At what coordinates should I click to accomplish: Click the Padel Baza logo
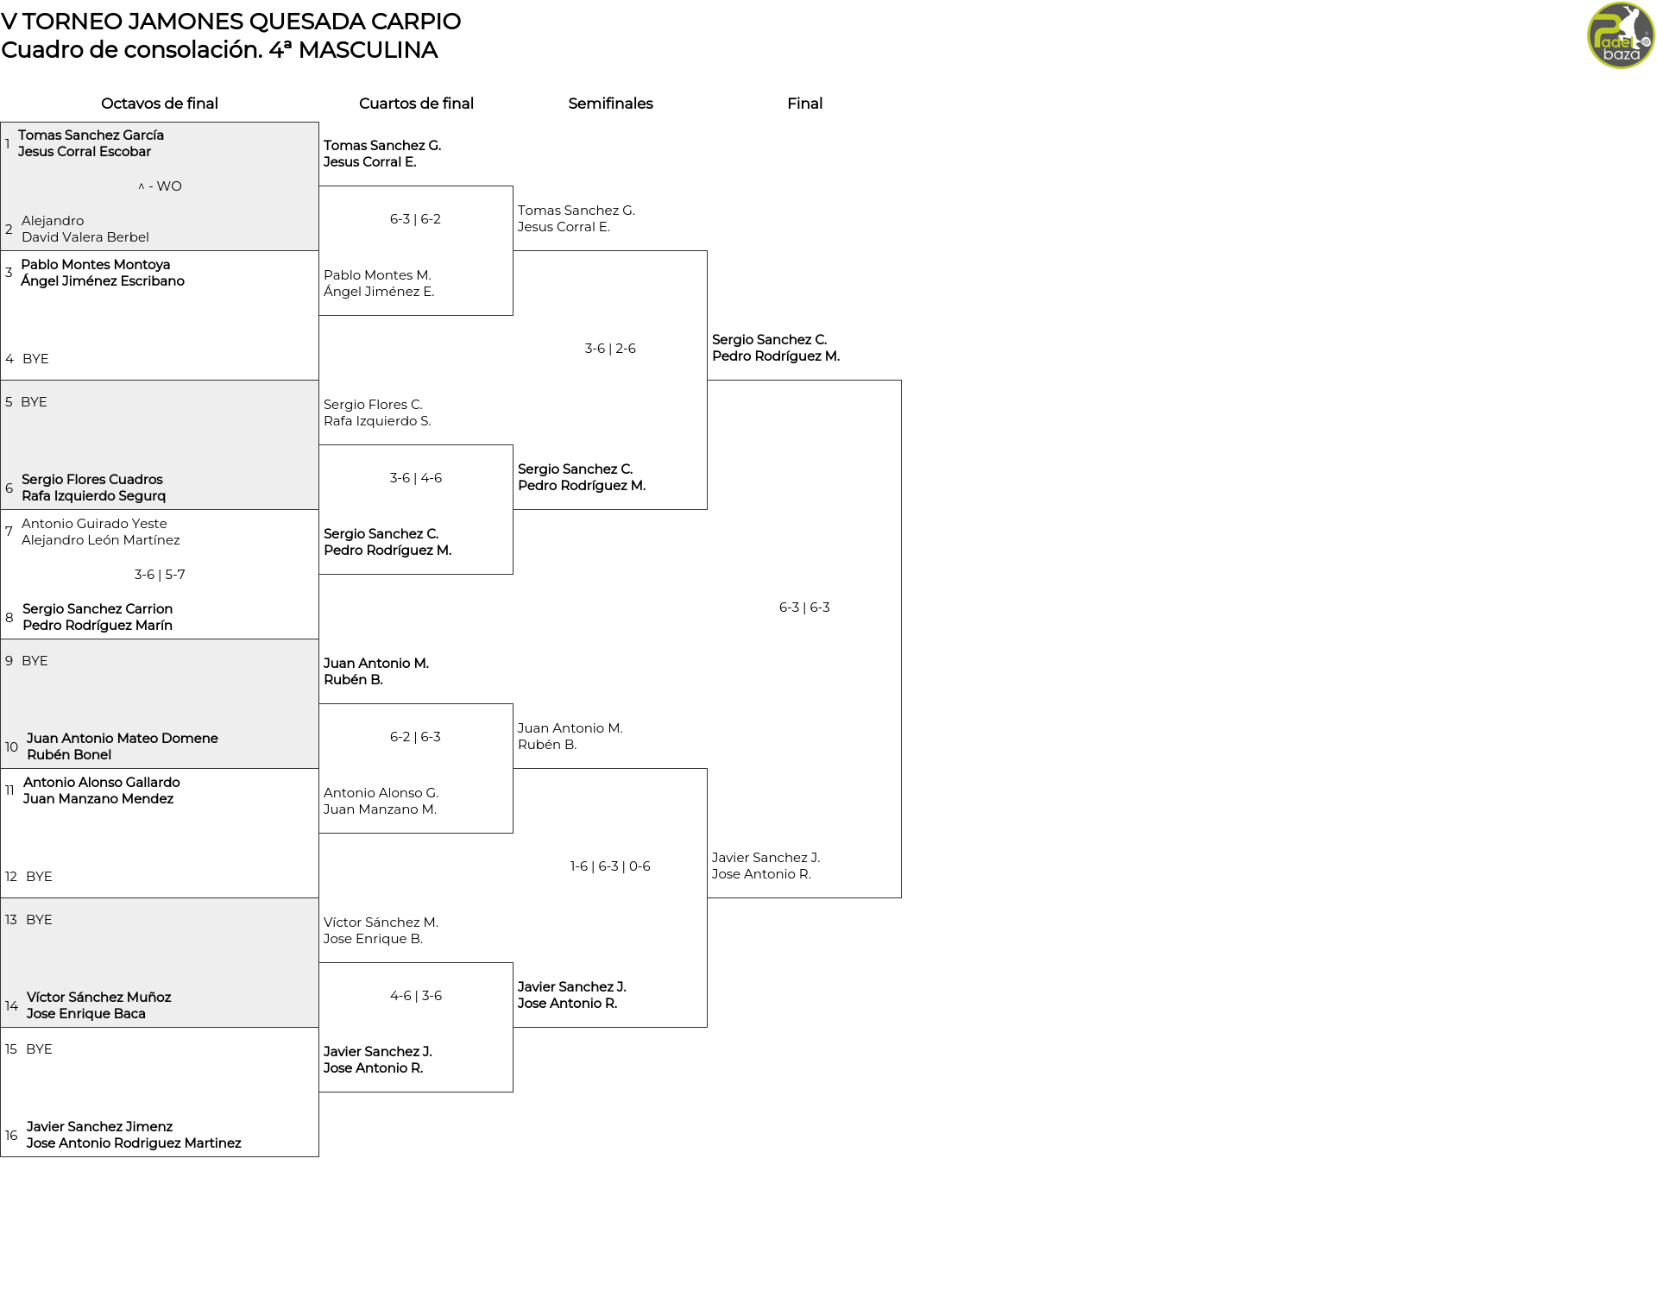point(1621,35)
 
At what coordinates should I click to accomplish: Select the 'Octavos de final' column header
point(160,104)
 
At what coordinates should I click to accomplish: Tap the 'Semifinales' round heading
point(610,104)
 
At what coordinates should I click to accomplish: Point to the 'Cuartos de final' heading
point(416,104)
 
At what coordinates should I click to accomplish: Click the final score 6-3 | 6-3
point(804,608)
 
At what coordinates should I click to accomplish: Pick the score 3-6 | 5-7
point(160,575)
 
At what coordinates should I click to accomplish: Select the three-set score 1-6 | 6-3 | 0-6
point(610,866)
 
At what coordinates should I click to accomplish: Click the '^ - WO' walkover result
point(160,186)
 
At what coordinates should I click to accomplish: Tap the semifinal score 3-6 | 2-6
point(610,349)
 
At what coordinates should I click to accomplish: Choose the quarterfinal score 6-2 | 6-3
point(415,737)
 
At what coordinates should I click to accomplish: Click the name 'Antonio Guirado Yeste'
point(94,524)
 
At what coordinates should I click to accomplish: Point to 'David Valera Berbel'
point(85,237)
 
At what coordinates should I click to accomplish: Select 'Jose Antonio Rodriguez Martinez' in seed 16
point(134,1143)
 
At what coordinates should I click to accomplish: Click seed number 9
point(9,661)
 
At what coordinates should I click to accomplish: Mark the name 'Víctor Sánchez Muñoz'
point(98,998)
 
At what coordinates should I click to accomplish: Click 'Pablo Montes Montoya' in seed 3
point(96,265)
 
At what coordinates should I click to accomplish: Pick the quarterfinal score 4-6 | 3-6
point(416,996)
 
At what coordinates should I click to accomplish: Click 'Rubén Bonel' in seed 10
point(69,755)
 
